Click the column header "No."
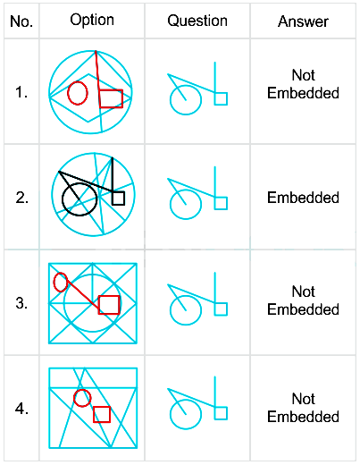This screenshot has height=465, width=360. click(21, 21)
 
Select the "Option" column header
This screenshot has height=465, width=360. click(92, 21)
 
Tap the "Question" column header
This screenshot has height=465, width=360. click(197, 21)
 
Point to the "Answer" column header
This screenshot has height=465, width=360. click(303, 21)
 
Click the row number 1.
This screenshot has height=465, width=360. click(21, 92)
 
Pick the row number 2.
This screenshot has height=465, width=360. click(21, 198)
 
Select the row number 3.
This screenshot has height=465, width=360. click(21, 303)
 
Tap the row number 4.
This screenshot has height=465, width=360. click(21, 409)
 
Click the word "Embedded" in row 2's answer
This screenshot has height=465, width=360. click(303, 198)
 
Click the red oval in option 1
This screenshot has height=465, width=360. click(68, 93)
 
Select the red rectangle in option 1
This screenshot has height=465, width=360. click(111, 90)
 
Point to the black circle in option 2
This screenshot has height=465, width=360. click(63, 199)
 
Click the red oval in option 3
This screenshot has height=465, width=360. click(54, 282)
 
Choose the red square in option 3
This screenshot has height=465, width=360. click(109, 296)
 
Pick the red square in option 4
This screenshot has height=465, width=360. click(102, 407)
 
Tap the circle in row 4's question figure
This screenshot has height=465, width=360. click(170, 414)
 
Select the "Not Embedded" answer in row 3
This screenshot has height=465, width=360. click(303, 300)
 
